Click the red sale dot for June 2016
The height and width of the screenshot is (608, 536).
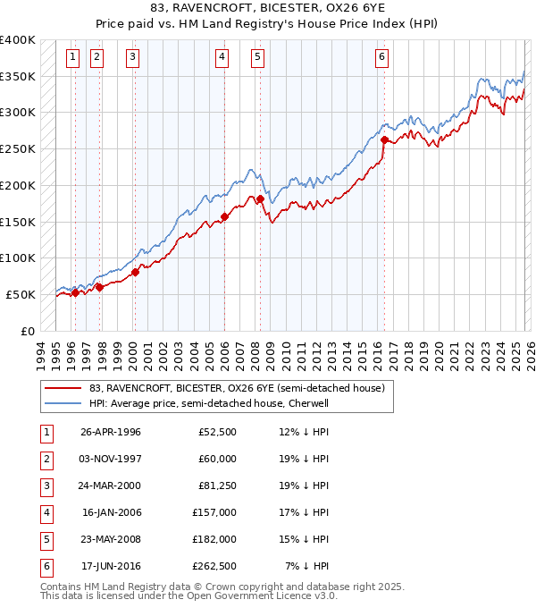click(x=384, y=139)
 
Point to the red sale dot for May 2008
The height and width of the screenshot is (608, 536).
click(x=260, y=198)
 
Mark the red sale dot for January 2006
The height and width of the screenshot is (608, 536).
click(x=224, y=216)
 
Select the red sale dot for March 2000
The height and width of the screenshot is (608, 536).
click(x=135, y=272)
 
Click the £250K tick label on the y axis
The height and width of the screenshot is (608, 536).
click(x=18, y=149)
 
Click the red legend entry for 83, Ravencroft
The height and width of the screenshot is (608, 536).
click(x=236, y=388)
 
